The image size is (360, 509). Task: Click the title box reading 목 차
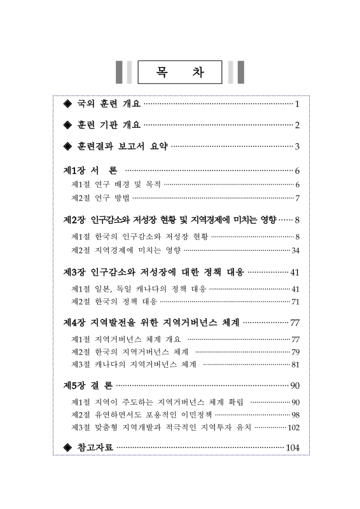tap(180, 72)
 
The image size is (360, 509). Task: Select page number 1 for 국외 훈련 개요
tap(297, 103)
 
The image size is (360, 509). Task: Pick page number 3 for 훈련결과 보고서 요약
tap(297, 146)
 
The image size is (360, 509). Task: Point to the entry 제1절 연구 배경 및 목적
tap(116, 185)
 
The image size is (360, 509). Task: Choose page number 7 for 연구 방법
tap(297, 198)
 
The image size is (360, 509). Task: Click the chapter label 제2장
tap(75, 220)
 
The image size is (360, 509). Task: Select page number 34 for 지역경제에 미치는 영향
tap(295, 250)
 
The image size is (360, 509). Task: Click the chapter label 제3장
tap(75, 272)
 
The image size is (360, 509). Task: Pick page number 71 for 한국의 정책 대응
tap(295, 302)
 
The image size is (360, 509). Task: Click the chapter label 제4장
tap(75, 323)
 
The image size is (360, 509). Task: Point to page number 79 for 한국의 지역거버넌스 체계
tap(295, 352)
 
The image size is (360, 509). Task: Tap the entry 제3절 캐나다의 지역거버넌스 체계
tap(134, 365)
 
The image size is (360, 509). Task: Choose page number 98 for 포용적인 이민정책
tap(295, 414)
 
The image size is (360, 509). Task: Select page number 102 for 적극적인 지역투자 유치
tap(293, 427)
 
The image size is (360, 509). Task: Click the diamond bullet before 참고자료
tap(69, 448)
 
